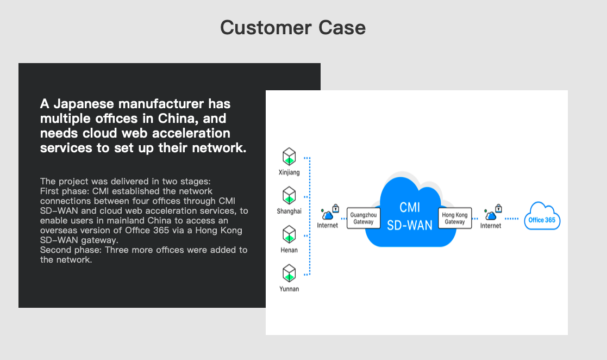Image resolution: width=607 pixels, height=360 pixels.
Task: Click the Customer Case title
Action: (293, 28)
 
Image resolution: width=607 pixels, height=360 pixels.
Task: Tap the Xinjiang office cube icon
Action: (289, 157)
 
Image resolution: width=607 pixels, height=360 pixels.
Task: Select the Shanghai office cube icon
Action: (289, 195)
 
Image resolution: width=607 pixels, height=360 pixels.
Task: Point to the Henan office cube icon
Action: (289, 234)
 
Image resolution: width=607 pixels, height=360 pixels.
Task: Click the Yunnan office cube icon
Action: (289, 273)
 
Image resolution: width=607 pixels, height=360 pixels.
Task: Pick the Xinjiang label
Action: (289, 172)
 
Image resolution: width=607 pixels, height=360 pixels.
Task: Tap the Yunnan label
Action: (289, 289)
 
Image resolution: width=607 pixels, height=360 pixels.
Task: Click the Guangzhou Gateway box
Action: (364, 218)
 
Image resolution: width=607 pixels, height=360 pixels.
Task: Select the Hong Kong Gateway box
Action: (455, 218)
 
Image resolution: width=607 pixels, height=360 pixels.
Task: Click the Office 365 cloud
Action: (542, 216)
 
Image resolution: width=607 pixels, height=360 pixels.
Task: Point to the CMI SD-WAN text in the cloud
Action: (410, 216)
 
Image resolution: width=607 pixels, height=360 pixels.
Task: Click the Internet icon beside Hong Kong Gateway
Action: (493, 212)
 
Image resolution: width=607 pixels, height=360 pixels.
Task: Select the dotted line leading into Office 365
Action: (512, 219)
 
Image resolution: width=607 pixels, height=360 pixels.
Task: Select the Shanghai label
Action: (289, 211)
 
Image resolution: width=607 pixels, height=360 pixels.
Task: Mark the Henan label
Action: (289, 250)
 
